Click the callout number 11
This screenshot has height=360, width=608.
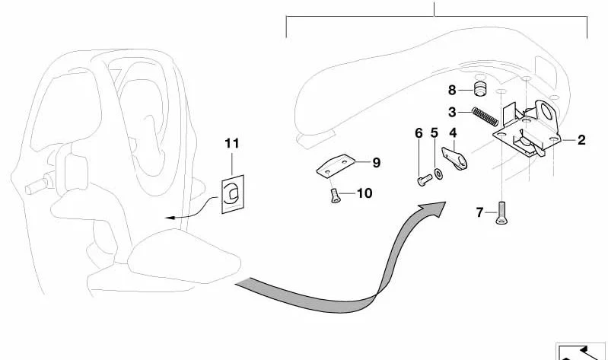click(232, 144)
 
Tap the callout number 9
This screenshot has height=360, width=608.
click(376, 163)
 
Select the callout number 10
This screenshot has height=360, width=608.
click(364, 193)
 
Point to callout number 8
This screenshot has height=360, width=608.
click(452, 90)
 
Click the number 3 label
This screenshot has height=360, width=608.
click(452, 112)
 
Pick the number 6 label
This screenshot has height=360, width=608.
click(419, 133)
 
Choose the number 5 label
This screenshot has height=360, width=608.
click(435, 132)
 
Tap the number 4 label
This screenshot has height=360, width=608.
click(453, 133)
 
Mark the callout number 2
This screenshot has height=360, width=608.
click(581, 140)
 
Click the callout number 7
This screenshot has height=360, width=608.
click(479, 212)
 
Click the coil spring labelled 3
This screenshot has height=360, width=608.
click(485, 116)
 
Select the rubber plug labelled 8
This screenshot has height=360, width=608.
click(480, 89)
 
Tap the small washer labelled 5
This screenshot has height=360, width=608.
click(439, 174)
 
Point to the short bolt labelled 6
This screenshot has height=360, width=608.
click(425, 180)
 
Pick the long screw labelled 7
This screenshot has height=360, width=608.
click(501, 213)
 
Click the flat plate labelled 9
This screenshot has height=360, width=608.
click(336, 166)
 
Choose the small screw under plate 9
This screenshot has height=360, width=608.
click(334, 196)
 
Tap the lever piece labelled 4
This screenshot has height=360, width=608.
click(455, 158)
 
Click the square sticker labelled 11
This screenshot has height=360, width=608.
click(233, 194)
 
